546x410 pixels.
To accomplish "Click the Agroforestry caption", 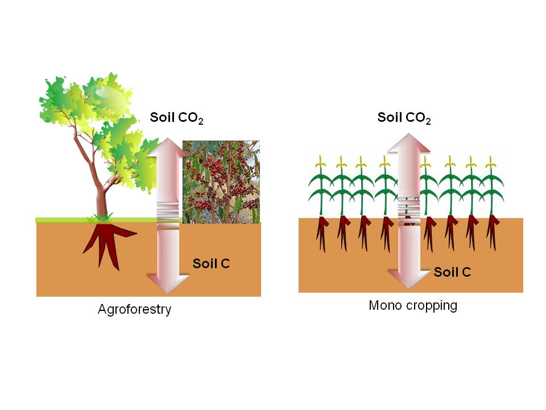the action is (x=134, y=310).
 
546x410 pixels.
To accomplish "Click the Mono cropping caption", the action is (x=413, y=305).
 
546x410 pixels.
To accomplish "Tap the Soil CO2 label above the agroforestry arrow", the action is (x=176, y=118).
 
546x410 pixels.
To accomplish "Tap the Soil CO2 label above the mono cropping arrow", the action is (x=404, y=118).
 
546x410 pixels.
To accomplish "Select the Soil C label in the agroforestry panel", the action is (x=211, y=264).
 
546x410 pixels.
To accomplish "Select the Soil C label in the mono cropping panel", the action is (x=452, y=272).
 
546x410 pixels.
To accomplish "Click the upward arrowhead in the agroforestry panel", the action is (x=167, y=147).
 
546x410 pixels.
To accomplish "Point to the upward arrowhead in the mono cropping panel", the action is (x=409, y=142).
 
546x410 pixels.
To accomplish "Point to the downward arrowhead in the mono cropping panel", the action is (x=409, y=279).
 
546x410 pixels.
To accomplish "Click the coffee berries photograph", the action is (x=221, y=182).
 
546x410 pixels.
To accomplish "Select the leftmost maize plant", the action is (x=321, y=188).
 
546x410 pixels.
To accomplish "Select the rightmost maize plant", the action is (x=491, y=188).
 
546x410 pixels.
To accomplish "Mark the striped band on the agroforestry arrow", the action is (x=168, y=211).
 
